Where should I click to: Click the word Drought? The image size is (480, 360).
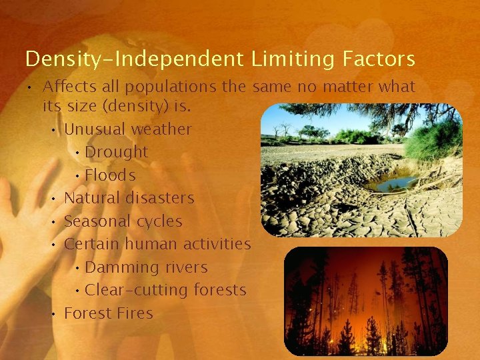tap(116, 152)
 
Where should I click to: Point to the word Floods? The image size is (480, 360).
tap(110, 175)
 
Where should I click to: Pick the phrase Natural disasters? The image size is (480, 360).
tap(129, 198)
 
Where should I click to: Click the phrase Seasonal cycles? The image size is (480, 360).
tap(123, 221)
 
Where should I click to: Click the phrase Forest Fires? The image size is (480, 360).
tap(108, 313)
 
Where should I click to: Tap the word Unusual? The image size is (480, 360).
tap(95, 129)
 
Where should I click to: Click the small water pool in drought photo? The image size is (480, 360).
tap(393, 182)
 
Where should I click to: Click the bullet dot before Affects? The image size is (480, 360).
tap(31, 87)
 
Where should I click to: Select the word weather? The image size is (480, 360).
tap(161, 129)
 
